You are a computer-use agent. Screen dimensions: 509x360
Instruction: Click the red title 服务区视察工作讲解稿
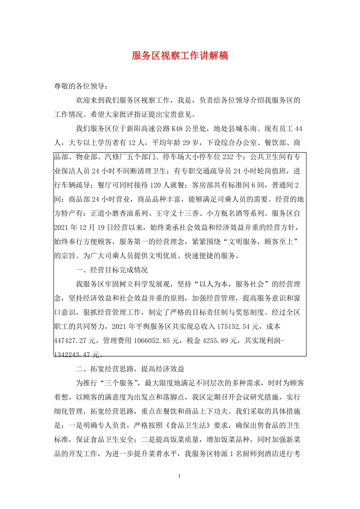click(x=180, y=56)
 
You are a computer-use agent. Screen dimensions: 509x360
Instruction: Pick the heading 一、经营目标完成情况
click(x=112, y=269)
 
